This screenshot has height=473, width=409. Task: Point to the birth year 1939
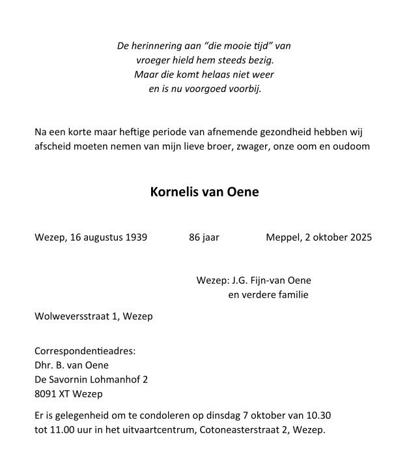pyautogui.click(x=135, y=237)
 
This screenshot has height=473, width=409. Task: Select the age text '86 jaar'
pyautogui.click(x=204, y=237)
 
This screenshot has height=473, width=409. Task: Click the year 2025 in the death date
pyautogui.click(x=360, y=237)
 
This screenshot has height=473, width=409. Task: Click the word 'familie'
pyautogui.click(x=292, y=295)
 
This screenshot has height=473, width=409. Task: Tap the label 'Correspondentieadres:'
pyautogui.click(x=85, y=350)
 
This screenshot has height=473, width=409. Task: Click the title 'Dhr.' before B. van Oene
pyautogui.click(x=44, y=365)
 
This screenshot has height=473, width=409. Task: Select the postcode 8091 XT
pyautogui.click(x=51, y=393)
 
